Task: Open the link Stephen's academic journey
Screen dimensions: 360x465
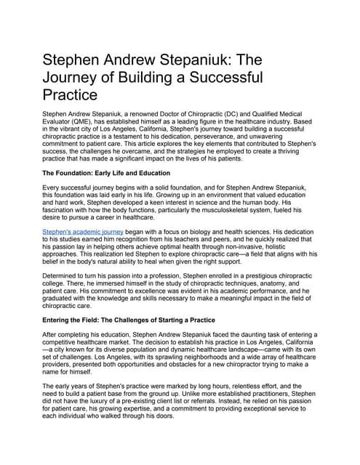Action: [83, 232]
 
